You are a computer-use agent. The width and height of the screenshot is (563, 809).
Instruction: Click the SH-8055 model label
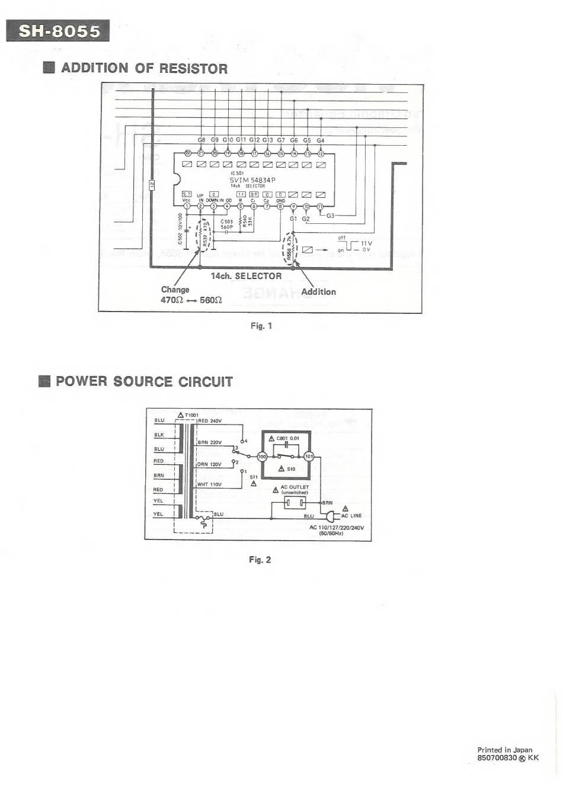tap(58, 31)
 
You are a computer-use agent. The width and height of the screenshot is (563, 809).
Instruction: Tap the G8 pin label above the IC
tap(201, 140)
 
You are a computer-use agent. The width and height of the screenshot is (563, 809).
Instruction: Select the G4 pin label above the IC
tap(321, 140)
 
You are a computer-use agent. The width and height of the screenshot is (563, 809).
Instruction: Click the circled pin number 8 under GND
tap(280, 206)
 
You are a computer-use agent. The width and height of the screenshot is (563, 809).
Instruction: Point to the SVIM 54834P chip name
tap(252, 180)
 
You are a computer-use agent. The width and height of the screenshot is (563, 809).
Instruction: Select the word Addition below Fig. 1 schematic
tap(318, 292)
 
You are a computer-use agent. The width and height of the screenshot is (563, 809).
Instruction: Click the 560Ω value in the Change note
tap(211, 300)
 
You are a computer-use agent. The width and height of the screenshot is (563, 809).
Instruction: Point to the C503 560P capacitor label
tap(227, 224)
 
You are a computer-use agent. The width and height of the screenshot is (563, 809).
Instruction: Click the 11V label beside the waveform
tap(366, 243)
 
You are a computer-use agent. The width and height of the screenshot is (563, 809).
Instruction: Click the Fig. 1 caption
tap(261, 326)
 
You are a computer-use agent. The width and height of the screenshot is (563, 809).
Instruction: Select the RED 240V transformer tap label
tap(209, 421)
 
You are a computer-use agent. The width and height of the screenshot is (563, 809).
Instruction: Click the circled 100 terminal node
tap(263, 457)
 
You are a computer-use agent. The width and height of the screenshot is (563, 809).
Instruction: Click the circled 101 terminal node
tap(309, 457)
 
